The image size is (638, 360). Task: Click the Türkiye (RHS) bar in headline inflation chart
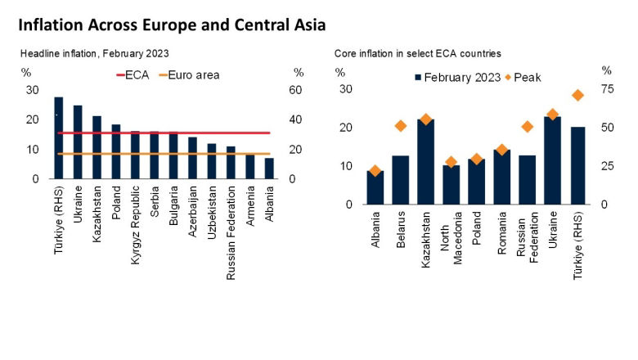point(59,137)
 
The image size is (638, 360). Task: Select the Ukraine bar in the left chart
point(78,142)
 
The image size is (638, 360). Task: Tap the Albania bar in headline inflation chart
point(269,169)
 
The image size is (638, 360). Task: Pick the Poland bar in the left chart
point(116,151)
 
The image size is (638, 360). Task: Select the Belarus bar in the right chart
point(400,180)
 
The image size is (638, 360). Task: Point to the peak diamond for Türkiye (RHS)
point(578,95)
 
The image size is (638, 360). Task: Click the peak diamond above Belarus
point(400,126)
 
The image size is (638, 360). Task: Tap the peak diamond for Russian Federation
point(528,127)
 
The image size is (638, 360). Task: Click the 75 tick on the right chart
point(606,89)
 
